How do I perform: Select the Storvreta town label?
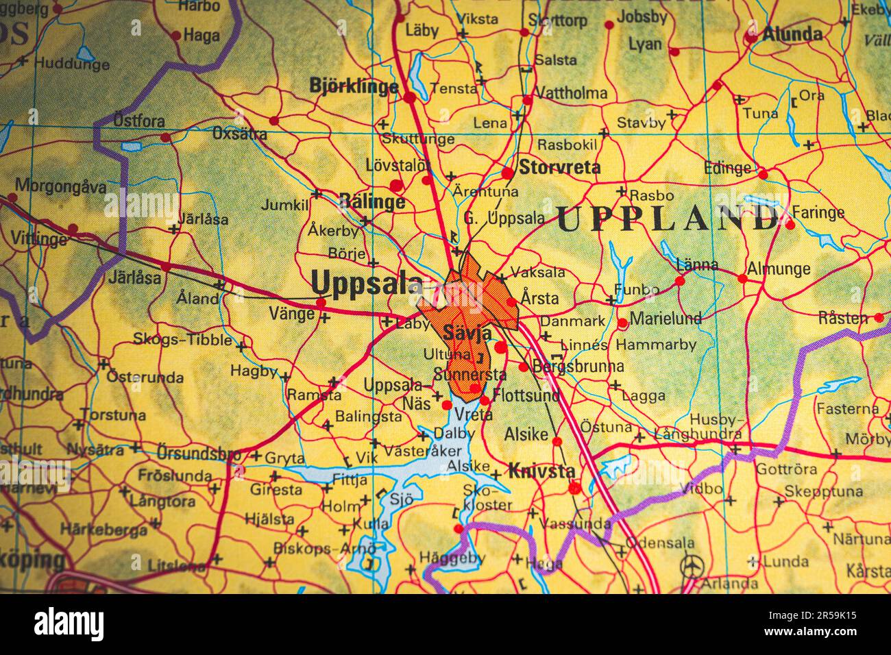point(559,167)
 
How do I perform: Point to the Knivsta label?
point(541,471)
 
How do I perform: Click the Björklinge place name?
point(354,86)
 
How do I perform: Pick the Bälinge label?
point(372,201)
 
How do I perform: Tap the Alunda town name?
point(792,34)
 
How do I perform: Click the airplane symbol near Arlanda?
point(692,566)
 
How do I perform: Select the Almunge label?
point(779,269)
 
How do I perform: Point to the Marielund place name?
point(666,318)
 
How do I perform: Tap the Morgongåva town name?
point(61,186)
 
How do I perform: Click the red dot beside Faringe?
point(790,224)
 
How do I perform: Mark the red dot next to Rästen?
point(879,317)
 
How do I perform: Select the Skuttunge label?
point(418,140)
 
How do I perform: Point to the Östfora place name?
point(139,121)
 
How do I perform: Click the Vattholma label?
point(570,92)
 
